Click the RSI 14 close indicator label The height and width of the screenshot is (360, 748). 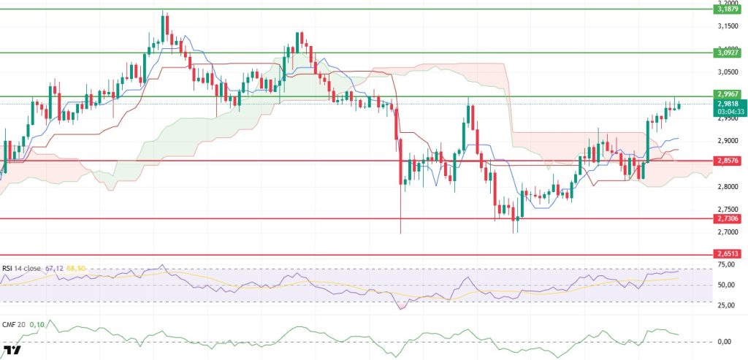pos(22,268)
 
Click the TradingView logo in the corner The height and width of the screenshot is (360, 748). pos(12,351)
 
